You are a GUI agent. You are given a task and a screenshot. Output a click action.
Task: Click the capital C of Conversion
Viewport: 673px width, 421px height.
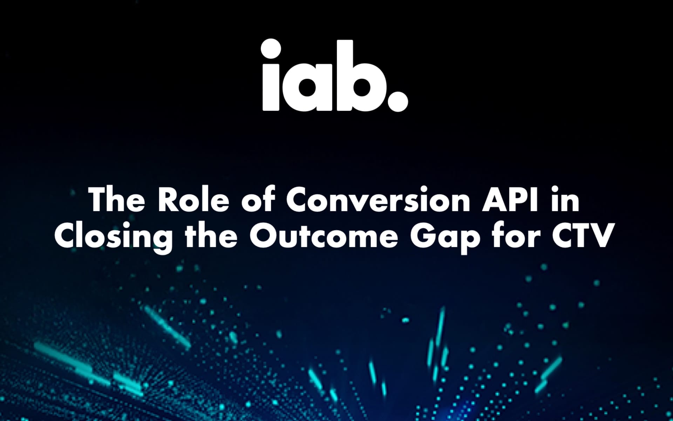(298, 200)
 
